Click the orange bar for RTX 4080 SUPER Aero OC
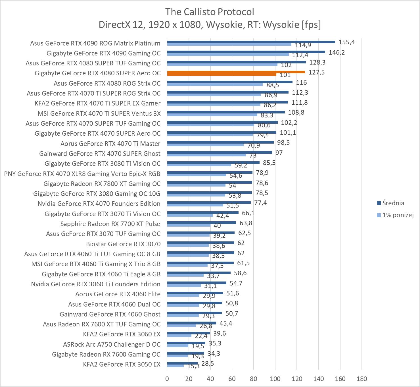(236, 73)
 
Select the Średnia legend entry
(393, 203)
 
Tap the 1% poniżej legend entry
(398, 215)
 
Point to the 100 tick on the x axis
(275, 379)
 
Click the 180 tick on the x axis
(362, 379)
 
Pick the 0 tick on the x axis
(167, 379)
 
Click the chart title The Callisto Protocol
(210, 12)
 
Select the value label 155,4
(347, 42)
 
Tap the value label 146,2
(337, 52)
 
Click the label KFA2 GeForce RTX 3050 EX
(122, 364)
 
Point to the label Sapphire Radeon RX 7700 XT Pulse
(110, 224)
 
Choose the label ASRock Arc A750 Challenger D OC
(112, 344)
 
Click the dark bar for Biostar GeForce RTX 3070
(200, 243)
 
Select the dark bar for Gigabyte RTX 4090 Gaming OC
(246, 52)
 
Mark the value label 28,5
(208, 363)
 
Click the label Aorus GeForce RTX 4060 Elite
(118, 294)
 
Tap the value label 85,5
(269, 163)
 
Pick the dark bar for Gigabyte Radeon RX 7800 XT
(210, 183)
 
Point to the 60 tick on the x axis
(232, 379)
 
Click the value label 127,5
(316, 72)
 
